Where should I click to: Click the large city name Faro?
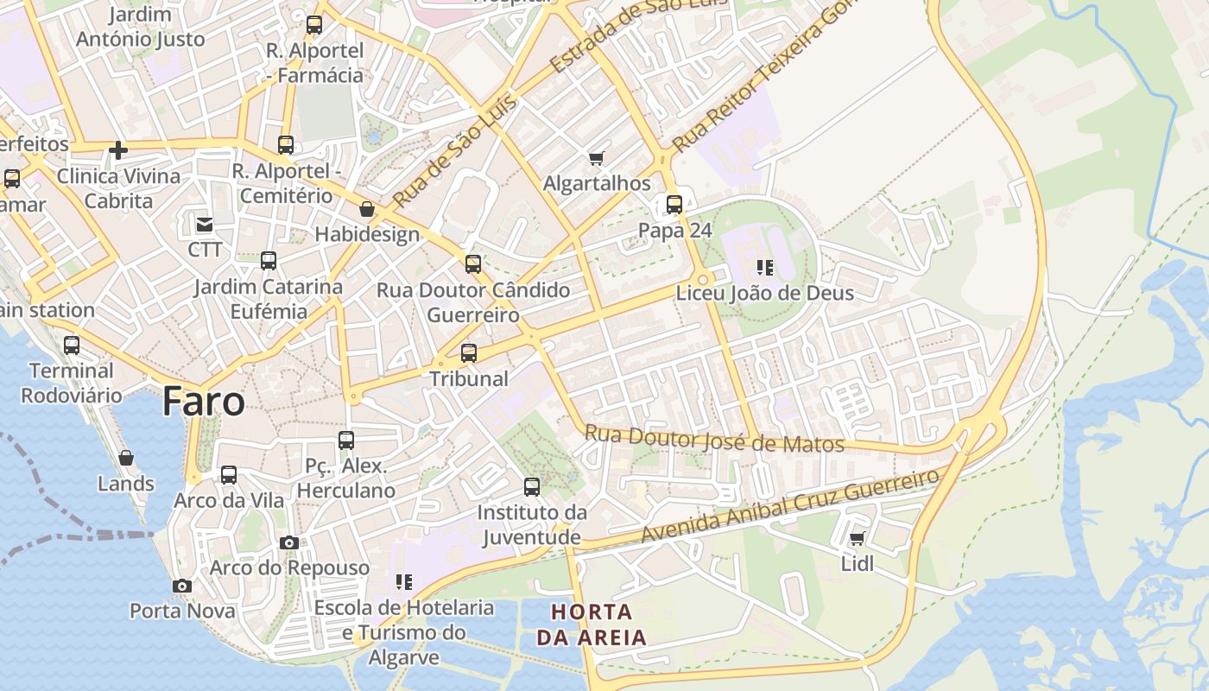click(x=204, y=402)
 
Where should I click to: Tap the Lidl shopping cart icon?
click(x=858, y=539)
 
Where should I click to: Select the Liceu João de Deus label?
click(x=764, y=293)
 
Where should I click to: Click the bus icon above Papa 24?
click(x=674, y=205)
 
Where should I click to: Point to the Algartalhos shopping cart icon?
click(x=596, y=158)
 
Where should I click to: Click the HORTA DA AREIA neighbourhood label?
click(x=592, y=625)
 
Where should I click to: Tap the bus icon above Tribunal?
click(x=469, y=352)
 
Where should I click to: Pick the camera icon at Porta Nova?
click(x=181, y=586)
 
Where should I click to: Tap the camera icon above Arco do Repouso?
click(x=289, y=542)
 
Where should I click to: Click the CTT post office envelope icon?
click(x=205, y=225)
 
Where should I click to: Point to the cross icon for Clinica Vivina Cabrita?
click(x=118, y=151)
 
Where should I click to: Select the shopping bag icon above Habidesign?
click(x=367, y=209)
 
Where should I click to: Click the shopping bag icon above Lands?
click(x=126, y=458)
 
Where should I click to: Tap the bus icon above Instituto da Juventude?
click(x=532, y=487)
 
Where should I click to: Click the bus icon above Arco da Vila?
click(x=229, y=475)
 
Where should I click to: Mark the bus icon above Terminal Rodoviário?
click(x=72, y=345)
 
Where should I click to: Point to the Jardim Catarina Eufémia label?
click(x=268, y=299)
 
